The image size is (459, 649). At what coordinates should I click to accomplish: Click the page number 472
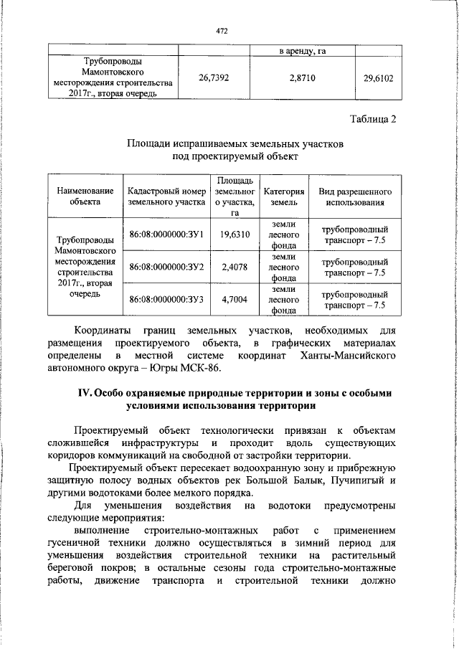[x=221, y=32]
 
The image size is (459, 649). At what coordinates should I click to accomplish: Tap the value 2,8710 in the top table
[x=303, y=77]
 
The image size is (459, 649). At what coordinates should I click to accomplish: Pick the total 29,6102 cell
[x=379, y=77]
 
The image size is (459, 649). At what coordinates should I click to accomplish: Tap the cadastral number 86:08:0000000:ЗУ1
[x=166, y=235]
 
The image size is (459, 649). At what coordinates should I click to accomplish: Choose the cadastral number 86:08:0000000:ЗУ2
[x=166, y=267]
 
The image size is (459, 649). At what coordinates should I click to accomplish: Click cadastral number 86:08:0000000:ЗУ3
[x=166, y=299]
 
